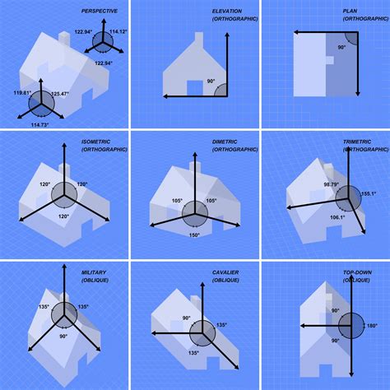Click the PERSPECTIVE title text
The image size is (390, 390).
(x=100, y=11)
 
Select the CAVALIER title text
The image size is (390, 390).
(x=228, y=272)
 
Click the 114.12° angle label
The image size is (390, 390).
(x=118, y=31)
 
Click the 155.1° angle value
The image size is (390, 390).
(x=369, y=194)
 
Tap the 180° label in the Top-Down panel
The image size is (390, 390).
(x=370, y=327)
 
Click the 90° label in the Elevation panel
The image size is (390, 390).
(x=211, y=81)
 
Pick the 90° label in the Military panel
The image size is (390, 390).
(x=63, y=337)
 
